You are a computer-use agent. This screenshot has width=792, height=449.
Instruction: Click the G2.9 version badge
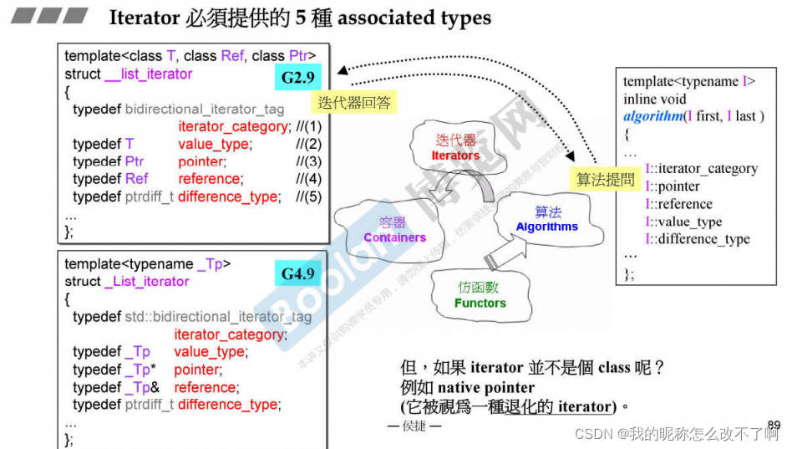point(298,80)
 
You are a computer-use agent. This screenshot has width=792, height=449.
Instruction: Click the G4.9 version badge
point(298,273)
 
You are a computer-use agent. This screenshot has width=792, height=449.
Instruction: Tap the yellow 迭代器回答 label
point(354,103)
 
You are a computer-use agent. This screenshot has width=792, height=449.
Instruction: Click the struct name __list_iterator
point(148,74)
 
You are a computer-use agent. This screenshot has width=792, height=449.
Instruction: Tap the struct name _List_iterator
point(146,281)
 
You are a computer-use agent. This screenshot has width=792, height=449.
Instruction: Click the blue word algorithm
point(652,116)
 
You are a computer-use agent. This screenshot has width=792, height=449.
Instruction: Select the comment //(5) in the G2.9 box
point(309,196)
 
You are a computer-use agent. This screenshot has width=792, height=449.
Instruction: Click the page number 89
point(774,425)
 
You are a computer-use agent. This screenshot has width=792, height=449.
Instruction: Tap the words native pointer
point(486,387)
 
